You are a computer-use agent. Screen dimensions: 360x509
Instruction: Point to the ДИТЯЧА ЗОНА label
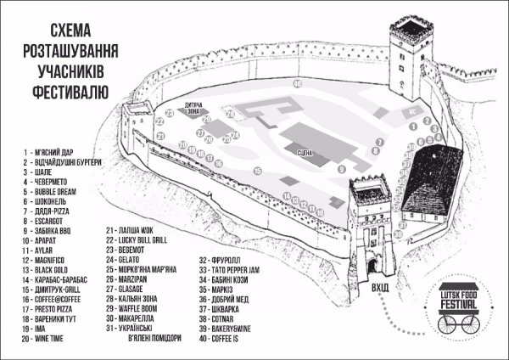(196, 109)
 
